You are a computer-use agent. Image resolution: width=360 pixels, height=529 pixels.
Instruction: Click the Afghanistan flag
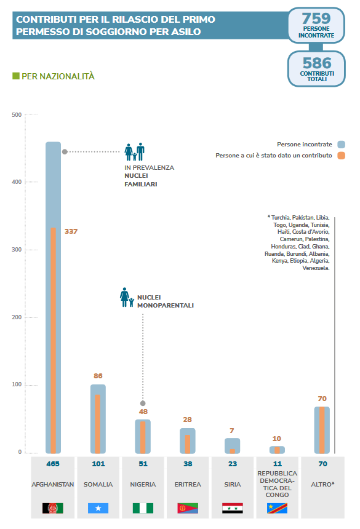pyautogui.click(x=53, y=507)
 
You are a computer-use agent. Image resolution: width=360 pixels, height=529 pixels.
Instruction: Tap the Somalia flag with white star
pyautogui.click(x=98, y=507)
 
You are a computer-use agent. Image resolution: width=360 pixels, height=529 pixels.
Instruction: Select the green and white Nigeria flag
pyautogui.click(x=143, y=507)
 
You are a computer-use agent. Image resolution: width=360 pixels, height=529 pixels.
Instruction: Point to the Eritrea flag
pyautogui.click(x=188, y=507)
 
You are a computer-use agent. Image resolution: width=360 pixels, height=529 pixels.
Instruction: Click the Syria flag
pyautogui.click(x=233, y=507)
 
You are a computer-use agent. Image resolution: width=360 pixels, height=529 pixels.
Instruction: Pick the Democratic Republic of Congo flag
pyautogui.click(x=277, y=507)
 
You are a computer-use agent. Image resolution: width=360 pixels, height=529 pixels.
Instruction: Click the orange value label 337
pyautogui.click(x=71, y=231)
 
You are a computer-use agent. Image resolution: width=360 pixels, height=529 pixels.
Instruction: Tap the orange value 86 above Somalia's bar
pyautogui.click(x=98, y=376)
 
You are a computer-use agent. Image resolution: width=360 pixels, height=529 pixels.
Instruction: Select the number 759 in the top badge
pyautogui.click(x=316, y=18)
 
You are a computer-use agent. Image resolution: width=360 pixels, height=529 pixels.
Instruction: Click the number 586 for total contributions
pyautogui.click(x=317, y=63)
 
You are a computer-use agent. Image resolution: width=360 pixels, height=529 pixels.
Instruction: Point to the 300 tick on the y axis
pyautogui.click(x=17, y=250)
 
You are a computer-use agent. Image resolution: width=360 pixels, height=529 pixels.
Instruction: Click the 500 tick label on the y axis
pyautogui.click(x=17, y=114)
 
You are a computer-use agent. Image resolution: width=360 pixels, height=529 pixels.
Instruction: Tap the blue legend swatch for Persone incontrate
pyautogui.click(x=341, y=145)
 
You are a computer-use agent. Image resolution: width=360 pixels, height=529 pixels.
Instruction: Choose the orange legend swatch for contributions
pyautogui.click(x=341, y=156)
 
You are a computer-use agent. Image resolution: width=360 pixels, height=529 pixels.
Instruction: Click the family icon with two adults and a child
pyautogui.click(x=134, y=152)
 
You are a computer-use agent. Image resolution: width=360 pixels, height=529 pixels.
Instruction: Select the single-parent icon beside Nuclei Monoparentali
pyautogui.click(x=127, y=297)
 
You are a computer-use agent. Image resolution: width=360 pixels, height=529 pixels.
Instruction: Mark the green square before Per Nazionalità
pyautogui.click(x=16, y=76)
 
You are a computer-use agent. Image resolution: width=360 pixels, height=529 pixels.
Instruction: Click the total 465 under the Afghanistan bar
pyautogui.click(x=53, y=464)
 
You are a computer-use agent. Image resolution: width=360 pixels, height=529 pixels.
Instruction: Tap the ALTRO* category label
pyautogui.click(x=322, y=485)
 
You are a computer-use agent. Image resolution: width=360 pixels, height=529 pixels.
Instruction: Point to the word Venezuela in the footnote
pyautogui.click(x=316, y=268)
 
